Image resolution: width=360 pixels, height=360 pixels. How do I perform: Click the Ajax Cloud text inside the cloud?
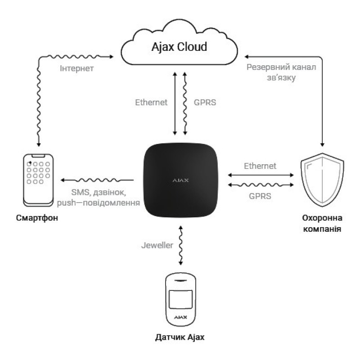tap(179, 47)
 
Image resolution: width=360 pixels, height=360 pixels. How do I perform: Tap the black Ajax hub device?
tap(180, 180)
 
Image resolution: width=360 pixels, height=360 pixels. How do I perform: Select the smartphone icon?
tap(38, 180)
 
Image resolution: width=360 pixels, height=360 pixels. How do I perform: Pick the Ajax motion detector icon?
tap(181, 299)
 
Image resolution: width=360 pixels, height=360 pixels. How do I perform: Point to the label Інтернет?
tap(76, 68)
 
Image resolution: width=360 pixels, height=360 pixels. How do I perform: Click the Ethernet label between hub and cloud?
tap(151, 103)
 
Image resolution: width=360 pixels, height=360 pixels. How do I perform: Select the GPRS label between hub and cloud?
tap(205, 103)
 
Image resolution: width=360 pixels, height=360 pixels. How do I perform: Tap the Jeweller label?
tap(157, 245)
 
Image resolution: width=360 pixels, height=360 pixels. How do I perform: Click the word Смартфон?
tap(37, 218)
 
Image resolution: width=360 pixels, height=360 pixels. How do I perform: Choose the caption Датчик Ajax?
tap(180, 337)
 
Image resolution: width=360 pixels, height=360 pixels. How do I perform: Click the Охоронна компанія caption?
tap(322, 223)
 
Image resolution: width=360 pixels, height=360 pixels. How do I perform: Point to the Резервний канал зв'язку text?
tap(281, 72)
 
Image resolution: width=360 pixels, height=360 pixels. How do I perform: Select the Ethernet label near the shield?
tap(260, 166)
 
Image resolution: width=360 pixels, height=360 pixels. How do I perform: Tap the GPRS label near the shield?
tap(260, 196)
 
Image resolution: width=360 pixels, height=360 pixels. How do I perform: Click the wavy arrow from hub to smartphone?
tap(97, 180)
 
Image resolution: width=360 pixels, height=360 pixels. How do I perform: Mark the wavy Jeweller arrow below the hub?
tap(181, 245)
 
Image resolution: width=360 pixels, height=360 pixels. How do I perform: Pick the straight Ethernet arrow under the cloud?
tap(175, 103)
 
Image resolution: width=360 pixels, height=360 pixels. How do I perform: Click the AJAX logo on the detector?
tap(181, 317)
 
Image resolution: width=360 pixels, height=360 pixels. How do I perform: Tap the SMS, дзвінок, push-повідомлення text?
tap(99, 198)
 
